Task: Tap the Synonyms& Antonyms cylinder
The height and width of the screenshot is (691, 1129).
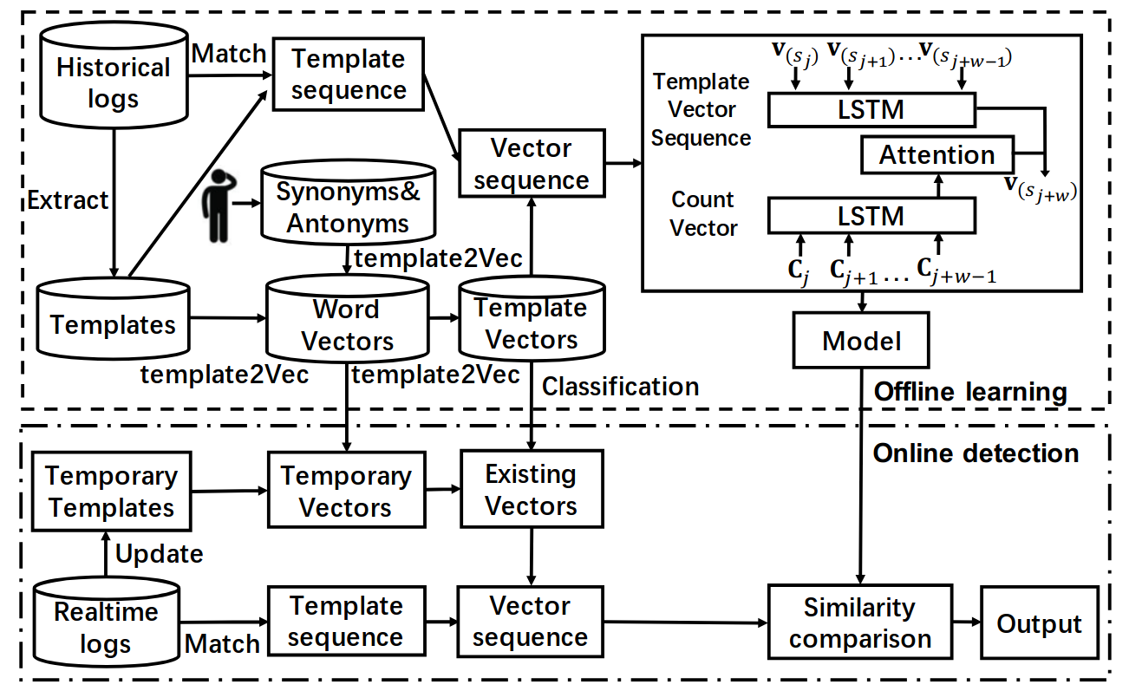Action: click(348, 206)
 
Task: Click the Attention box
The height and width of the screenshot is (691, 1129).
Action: click(936, 155)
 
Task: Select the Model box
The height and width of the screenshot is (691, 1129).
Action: click(861, 340)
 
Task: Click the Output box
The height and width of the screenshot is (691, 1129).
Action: click(1039, 623)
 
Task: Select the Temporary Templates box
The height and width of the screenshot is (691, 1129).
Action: click(111, 491)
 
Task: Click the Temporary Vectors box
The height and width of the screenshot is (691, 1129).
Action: click(346, 491)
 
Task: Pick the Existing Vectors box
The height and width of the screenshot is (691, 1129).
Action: click(531, 489)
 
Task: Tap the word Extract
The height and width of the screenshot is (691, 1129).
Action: click(69, 200)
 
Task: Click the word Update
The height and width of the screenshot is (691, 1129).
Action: click(159, 553)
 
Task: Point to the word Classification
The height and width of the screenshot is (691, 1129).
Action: click(620, 386)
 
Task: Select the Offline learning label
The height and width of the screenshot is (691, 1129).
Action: click(970, 392)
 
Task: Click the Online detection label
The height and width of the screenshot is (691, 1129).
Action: click(976, 453)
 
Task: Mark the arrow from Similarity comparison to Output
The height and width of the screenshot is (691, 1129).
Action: click(965, 623)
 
